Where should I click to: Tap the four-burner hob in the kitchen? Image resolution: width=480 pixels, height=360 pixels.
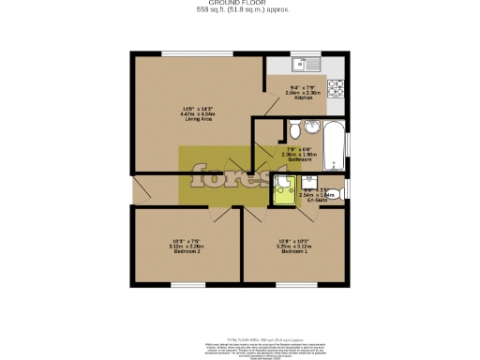tap(337, 90)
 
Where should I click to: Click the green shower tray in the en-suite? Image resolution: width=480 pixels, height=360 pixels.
tap(281, 194)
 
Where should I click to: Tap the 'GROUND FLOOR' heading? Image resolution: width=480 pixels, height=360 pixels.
tap(240, 4)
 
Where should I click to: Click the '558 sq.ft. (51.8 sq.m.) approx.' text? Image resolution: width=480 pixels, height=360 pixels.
tap(240, 10)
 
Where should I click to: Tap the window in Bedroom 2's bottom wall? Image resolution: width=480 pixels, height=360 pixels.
tap(185, 283)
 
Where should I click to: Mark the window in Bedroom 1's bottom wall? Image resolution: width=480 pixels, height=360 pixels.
tap(295, 283)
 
